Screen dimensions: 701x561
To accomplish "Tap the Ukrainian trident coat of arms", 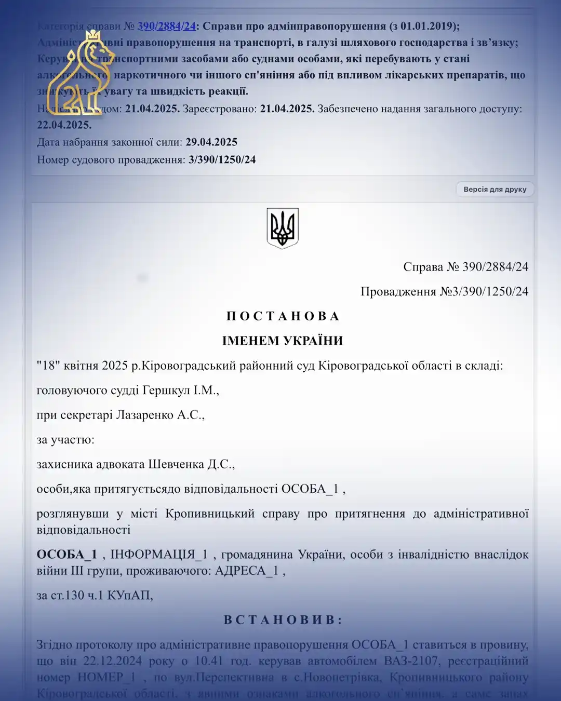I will [283, 228].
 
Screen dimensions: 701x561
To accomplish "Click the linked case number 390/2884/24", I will [166, 26].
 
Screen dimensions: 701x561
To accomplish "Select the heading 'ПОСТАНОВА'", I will [283, 316].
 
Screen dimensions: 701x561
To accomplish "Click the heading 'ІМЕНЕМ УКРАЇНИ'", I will [283, 341].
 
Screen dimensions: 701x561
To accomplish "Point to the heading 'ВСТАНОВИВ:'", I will [283, 620].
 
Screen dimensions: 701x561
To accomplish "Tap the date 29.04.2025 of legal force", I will [211, 142].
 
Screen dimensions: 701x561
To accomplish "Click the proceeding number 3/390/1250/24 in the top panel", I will [222, 159].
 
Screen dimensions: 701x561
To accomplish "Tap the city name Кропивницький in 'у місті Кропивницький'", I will [210, 514].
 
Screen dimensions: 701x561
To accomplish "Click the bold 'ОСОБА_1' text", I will [66, 555].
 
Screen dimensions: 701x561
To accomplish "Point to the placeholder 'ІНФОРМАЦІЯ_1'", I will [159, 555].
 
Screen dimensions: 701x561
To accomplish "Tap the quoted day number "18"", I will [48, 366].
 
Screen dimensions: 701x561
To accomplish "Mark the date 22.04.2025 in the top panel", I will [64, 125].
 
